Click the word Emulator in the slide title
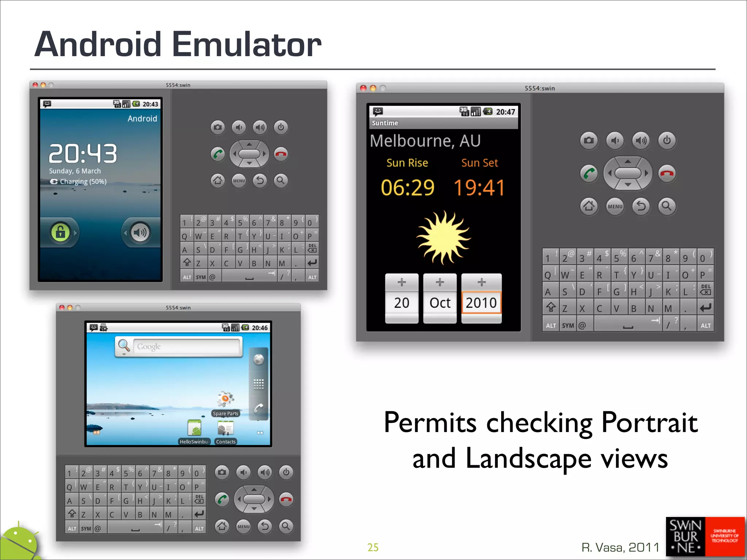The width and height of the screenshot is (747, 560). tap(247, 44)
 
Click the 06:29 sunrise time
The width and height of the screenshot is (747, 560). tap(407, 188)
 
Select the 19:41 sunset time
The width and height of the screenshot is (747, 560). tap(479, 188)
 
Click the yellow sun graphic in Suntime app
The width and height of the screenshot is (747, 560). tap(443, 237)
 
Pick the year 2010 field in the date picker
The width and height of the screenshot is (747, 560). tap(481, 303)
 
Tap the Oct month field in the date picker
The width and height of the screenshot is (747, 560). tap(440, 303)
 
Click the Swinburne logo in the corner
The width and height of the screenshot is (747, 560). tap(705, 536)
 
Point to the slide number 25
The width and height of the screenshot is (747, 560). tap(373, 547)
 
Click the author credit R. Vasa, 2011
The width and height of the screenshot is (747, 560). tap(620, 547)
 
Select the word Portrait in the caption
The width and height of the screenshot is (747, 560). tap(649, 423)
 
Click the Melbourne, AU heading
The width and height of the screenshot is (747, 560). tap(425, 141)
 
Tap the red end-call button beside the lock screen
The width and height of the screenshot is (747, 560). tap(281, 154)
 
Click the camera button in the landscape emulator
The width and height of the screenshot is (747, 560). tap(222, 472)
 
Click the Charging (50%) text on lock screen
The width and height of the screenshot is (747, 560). tap(83, 182)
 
